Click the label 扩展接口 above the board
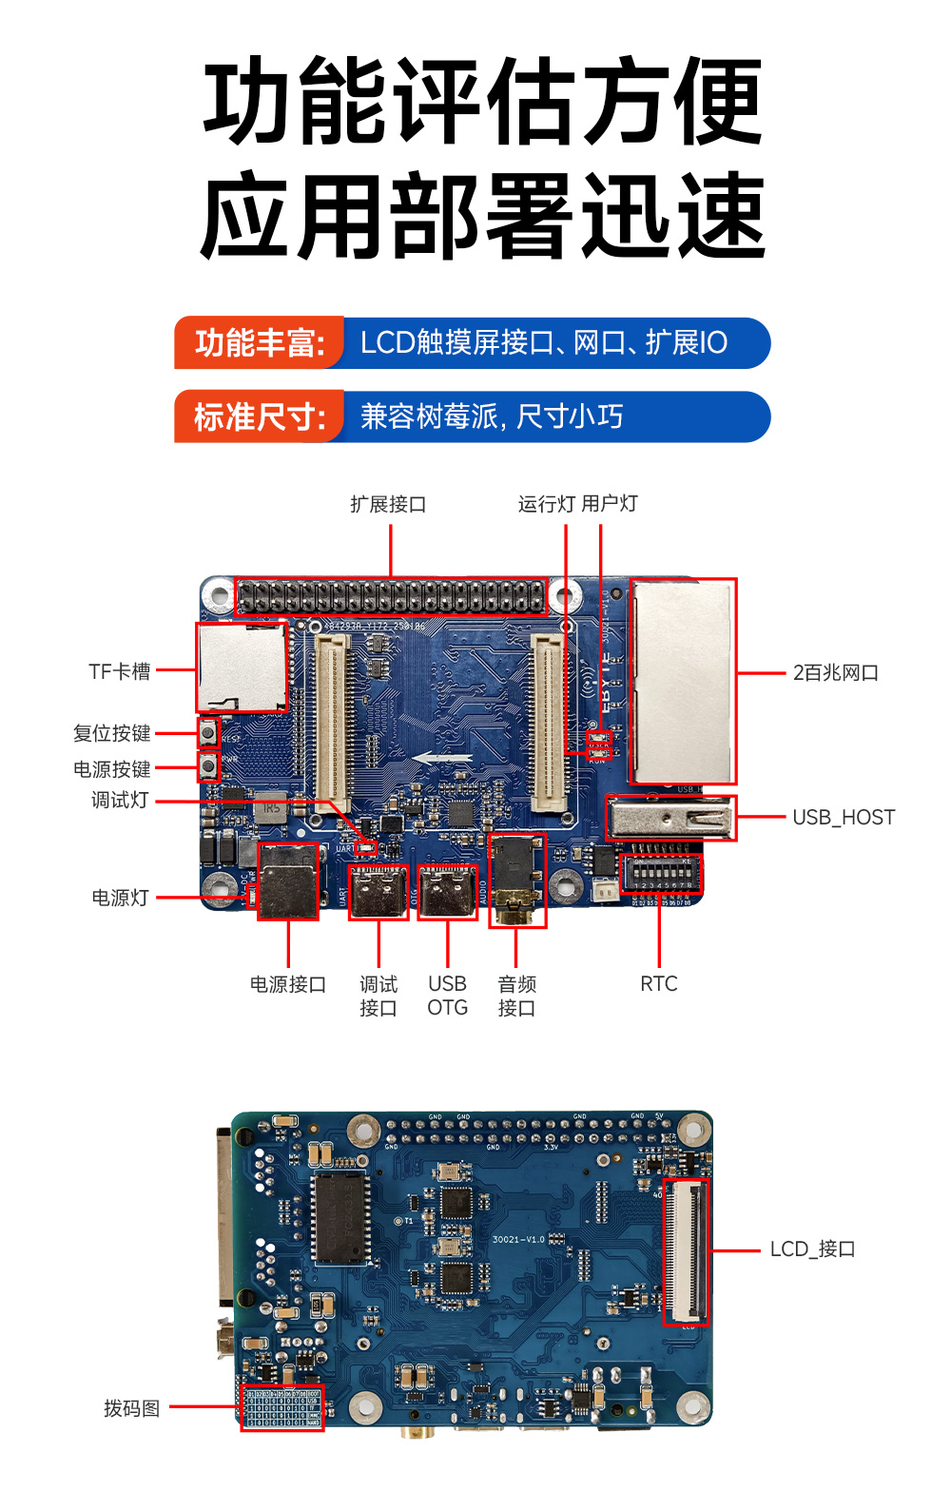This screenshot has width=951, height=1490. [388, 504]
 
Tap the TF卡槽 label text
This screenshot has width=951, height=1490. [120, 671]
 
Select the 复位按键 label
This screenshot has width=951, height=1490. [112, 733]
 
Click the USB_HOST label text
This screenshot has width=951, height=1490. [843, 818]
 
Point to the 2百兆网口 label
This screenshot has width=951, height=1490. [835, 673]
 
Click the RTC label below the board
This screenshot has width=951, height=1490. [658, 984]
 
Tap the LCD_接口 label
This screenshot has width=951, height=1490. [812, 1249]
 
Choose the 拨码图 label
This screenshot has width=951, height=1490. [131, 1408]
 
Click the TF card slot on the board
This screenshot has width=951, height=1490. [242, 668]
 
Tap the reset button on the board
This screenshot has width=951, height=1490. [208, 732]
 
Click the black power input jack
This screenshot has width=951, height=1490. [288, 881]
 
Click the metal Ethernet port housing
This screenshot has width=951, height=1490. [683, 681]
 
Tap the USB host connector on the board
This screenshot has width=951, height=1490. [670, 818]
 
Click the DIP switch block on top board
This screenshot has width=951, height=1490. [660, 873]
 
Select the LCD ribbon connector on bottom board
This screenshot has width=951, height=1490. [686, 1251]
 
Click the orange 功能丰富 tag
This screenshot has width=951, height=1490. [259, 343]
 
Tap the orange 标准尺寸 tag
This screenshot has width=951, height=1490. [259, 417]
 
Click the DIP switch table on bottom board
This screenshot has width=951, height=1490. [281, 1407]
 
